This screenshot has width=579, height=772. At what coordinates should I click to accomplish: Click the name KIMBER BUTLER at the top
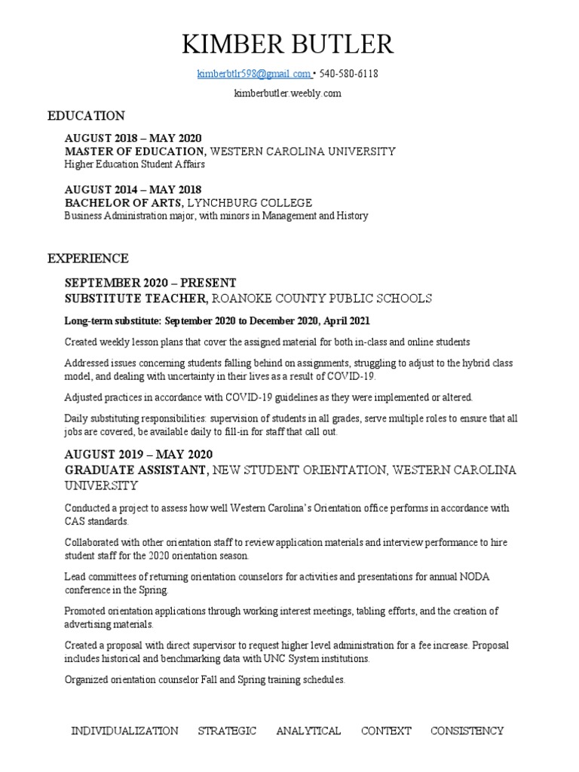[x=288, y=44]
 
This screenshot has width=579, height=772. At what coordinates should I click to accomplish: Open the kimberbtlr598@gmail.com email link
[x=253, y=74]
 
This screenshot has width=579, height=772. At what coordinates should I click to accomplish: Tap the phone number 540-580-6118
[x=348, y=74]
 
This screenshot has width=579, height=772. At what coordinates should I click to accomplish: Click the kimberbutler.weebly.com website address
[x=288, y=93]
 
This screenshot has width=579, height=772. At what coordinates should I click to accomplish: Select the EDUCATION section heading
[x=86, y=116]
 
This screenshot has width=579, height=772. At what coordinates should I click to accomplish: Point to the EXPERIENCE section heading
[x=88, y=259]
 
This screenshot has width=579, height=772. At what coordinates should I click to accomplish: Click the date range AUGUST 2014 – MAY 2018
[x=133, y=189]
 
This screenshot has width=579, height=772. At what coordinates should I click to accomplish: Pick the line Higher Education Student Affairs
[x=134, y=164]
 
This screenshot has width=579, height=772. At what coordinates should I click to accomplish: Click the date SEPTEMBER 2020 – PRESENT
[x=150, y=283]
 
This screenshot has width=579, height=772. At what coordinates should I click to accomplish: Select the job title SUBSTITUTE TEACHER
[x=136, y=299]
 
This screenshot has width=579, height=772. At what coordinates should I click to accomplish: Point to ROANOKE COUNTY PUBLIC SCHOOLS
[x=322, y=299]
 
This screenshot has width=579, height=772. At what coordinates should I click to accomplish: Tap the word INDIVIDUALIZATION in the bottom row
[x=124, y=731]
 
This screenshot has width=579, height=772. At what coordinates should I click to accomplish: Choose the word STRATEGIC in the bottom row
[x=227, y=731]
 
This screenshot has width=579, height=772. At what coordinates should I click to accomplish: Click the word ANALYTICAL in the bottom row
[x=308, y=731]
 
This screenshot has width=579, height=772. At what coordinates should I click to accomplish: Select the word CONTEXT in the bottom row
[x=386, y=731]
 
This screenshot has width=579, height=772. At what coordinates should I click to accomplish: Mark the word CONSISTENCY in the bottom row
[x=467, y=731]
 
